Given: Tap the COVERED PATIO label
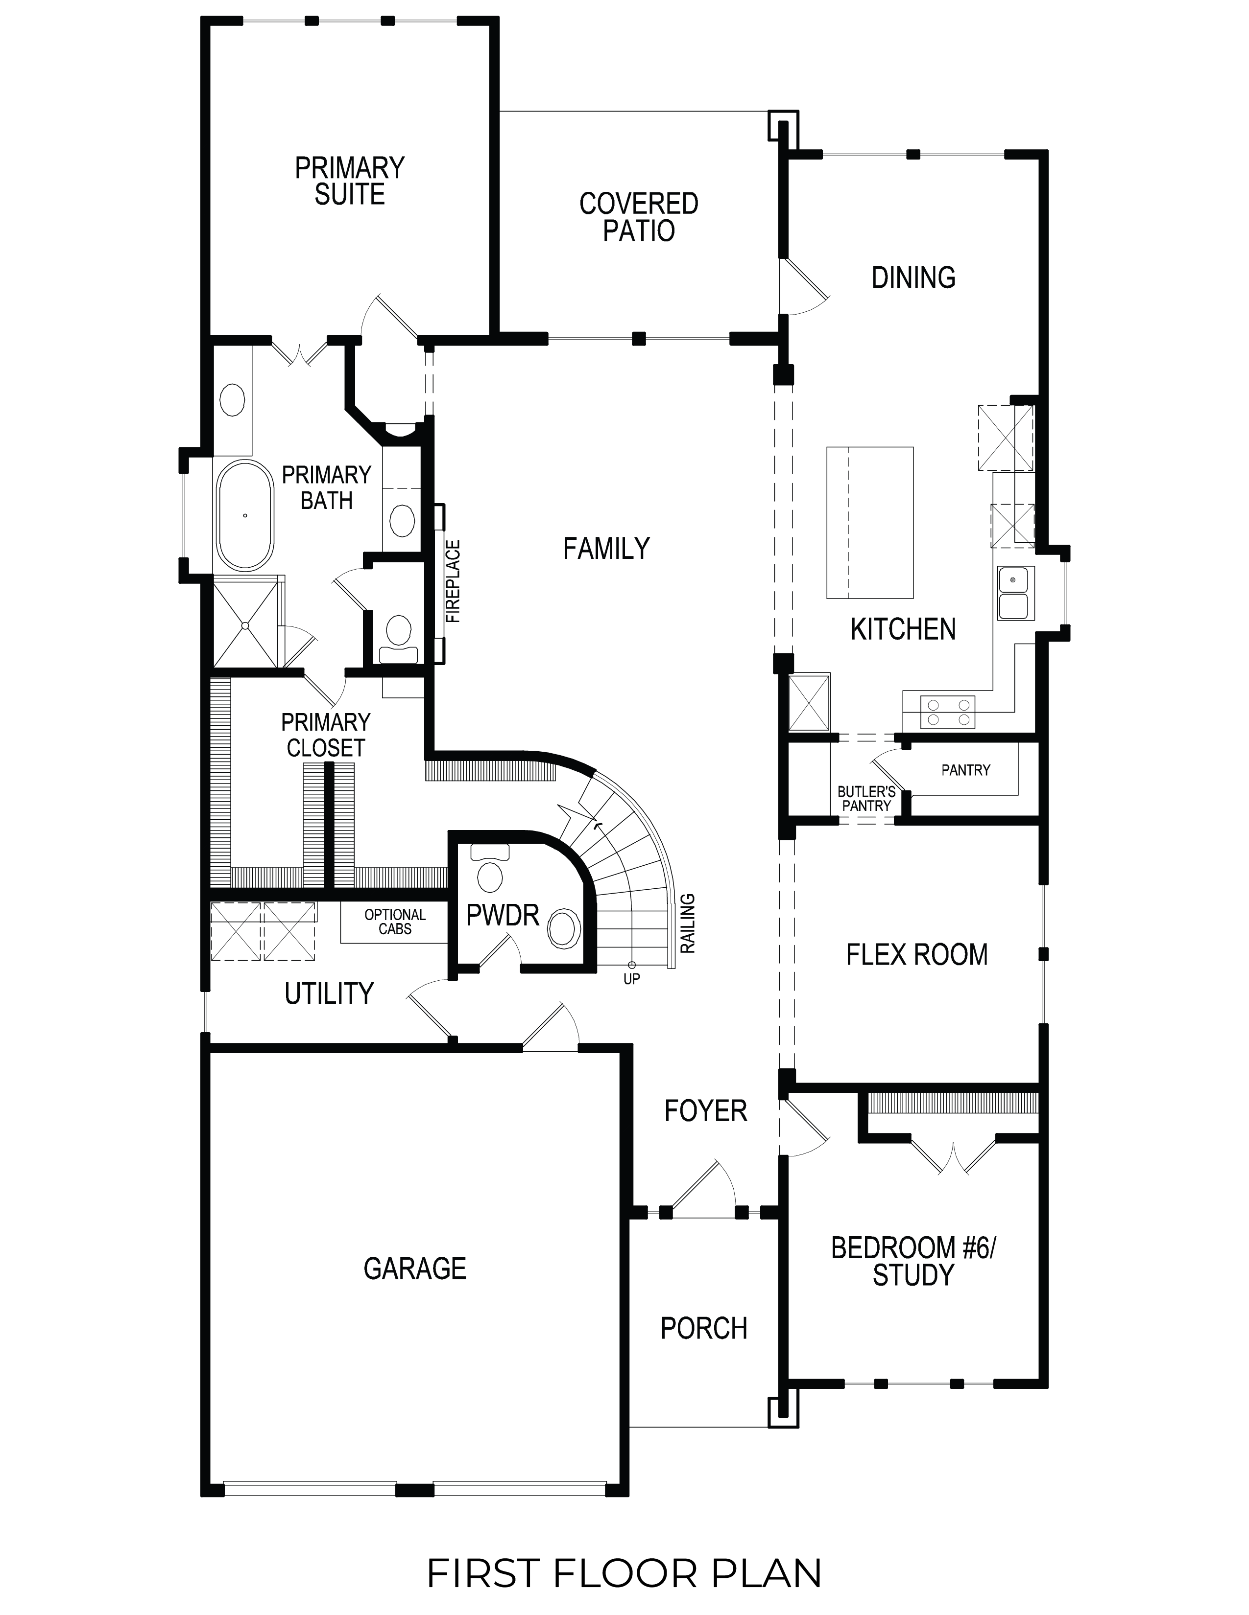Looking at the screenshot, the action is point(639,217).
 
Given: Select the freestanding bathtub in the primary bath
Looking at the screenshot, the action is point(245,515).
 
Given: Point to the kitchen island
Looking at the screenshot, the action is point(869,522).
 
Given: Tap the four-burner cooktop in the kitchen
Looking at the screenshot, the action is point(948,712).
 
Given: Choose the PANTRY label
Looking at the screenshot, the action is point(965,770).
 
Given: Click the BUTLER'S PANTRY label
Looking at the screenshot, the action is point(866,799).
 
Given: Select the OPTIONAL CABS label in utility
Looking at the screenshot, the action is point(395,922).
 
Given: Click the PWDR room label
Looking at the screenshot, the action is point(503,916).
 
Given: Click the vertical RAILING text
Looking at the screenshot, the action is point(688,923).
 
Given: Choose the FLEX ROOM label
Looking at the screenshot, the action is point(917,955).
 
